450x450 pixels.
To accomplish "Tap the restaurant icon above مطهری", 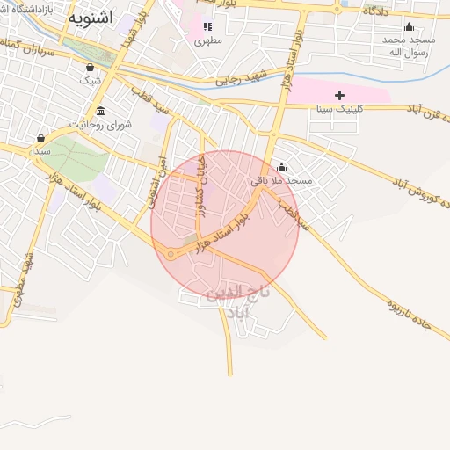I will (x=207, y=26).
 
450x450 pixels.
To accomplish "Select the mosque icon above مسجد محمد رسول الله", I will (x=410, y=26).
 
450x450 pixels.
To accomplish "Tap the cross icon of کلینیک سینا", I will (x=339, y=94).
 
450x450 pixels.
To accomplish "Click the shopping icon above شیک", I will (x=91, y=67).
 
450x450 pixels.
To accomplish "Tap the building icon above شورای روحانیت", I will (x=101, y=111).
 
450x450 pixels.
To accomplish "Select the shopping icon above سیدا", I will (x=40, y=138).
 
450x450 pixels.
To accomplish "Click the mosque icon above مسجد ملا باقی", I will (x=281, y=167).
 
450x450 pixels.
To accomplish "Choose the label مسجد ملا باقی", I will (x=282, y=180).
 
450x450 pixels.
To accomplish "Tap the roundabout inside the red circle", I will (x=171, y=254).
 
